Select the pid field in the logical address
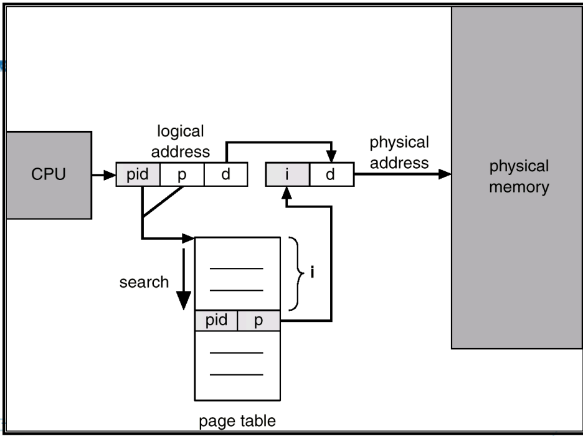click(138, 175)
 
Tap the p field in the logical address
click(182, 175)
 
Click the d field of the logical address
click(226, 175)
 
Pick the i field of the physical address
click(287, 175)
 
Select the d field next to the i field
click(330, 175)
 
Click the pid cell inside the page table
click(217, 321)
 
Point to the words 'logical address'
click(180, 141)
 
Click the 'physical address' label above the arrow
click(399, 153)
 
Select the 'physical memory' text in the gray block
click(518, 177)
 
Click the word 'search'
click(144, 282)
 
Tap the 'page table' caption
click(237, 421)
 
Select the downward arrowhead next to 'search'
click(182, 300)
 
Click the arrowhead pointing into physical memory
click(444, 175)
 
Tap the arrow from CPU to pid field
click(103, 175)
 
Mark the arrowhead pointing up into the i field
click(287, 194)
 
